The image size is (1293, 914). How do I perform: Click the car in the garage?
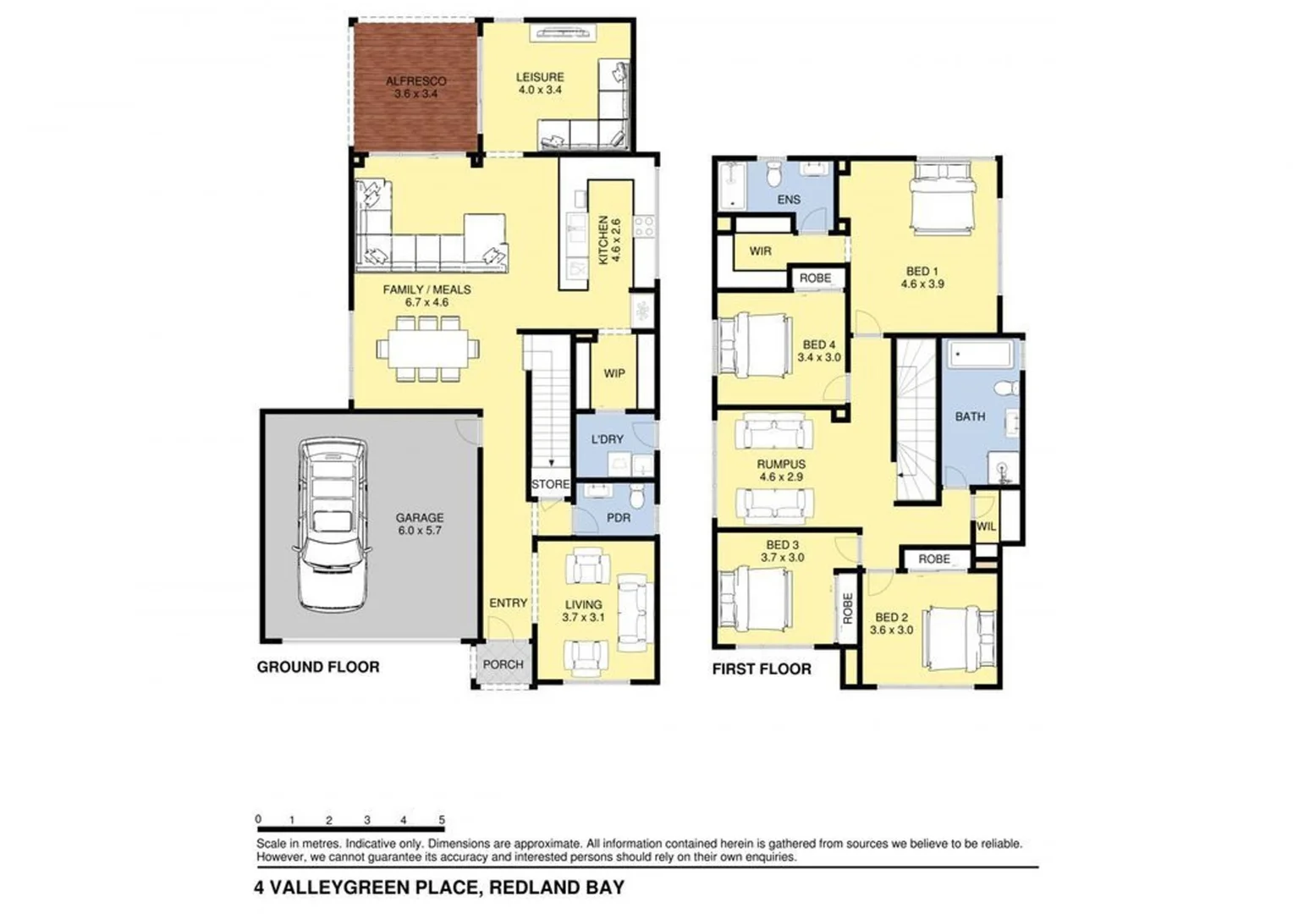(x=333, y=524)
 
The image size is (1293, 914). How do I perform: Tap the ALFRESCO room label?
(x=415, y=81)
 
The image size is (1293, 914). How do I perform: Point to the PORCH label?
(x=503, y=664)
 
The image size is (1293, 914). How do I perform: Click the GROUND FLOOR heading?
(x=318, y=667)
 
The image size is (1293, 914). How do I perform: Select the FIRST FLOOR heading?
(x=762, y=669)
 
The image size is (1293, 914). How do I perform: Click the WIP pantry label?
(x=614, y=373)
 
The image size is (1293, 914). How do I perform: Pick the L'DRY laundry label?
(x=607, y=439)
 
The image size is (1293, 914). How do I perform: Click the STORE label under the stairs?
(x=550, y=484)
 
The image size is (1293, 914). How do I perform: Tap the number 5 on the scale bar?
(x=442, y=820)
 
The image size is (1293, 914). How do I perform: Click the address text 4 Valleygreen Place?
(x=439, y=888)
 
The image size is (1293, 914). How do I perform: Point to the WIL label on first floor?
(x=986, y=526)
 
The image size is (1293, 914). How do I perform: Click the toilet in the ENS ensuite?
(x=773, y=175)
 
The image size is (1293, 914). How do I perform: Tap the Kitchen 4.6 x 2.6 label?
(x=609, y=240)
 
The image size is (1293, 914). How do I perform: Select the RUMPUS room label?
(x=781, y=464)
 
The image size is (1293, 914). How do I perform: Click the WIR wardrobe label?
(x=760, y=251)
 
